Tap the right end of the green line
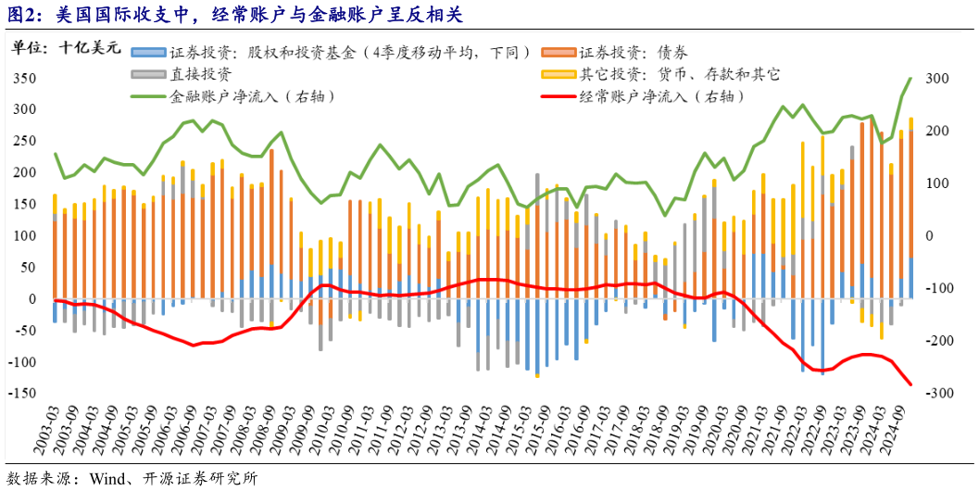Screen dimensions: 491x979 [910, 78]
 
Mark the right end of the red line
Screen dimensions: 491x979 [910, 384]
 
